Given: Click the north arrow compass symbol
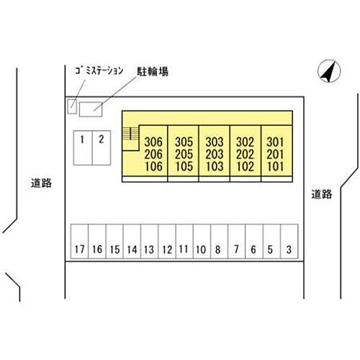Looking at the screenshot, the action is pos(329,71).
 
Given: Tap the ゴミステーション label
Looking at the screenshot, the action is pos(99,71).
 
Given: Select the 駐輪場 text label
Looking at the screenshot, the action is pos(153,71).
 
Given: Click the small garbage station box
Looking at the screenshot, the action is pos(72,107).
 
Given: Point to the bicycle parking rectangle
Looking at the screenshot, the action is pos(91,109).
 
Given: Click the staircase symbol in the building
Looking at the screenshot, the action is pos(131,134).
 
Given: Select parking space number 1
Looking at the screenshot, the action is pos(83,148).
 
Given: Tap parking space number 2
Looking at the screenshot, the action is pos(102,148).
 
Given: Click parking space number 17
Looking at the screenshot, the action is pos(79,241).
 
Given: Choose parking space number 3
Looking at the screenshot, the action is pos(289,241).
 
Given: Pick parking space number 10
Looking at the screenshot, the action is pos(202,241).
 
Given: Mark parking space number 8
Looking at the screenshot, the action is pos(219,241).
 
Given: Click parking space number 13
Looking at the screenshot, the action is pos(149,241).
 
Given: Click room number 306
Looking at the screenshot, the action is pos(153,142).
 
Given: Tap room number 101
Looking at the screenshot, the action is pos(275,166).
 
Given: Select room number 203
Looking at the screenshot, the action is pos(215,154).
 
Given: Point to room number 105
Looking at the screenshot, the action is pos(184,166).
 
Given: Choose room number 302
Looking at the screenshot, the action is pos(245,142).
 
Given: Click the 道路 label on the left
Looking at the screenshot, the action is pos(41,183).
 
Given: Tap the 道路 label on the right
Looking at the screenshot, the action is pos(322,194).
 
